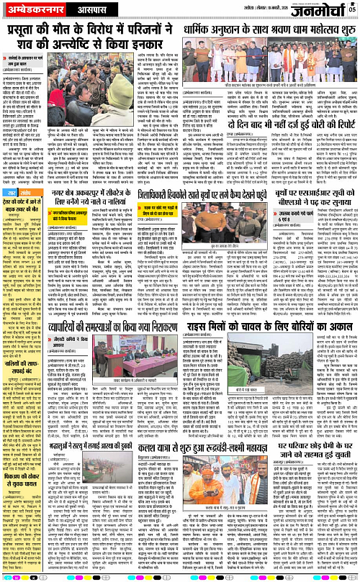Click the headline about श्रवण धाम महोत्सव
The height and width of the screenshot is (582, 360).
click(271, 31)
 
